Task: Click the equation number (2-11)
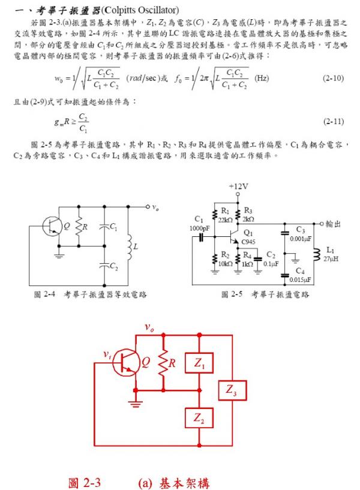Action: pos(333,121)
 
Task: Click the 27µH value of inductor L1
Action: pos(331,258)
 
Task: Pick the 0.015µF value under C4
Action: pos(301,279)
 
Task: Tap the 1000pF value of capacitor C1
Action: pos(199,228)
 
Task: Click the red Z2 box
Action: pos(199,419)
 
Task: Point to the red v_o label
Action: pos(150,327)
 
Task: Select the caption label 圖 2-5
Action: pos(230,294)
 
